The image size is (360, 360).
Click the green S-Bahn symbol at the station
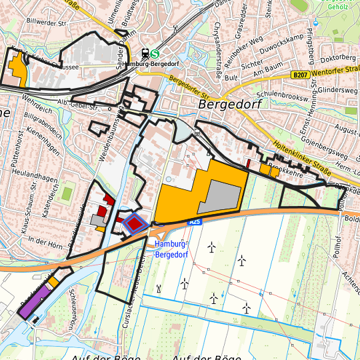tap(155, 55)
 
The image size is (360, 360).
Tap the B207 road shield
tap(300, 75)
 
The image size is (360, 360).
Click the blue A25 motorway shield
tap(194, 221)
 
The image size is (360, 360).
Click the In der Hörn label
tap(45, 241)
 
